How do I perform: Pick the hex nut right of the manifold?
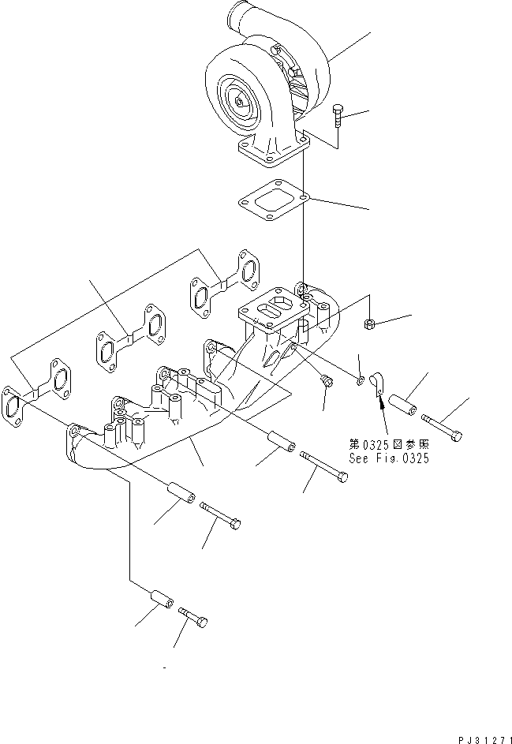coord(369,323)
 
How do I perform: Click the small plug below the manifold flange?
coord(326,383)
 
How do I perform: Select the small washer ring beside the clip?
coord(360,382)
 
